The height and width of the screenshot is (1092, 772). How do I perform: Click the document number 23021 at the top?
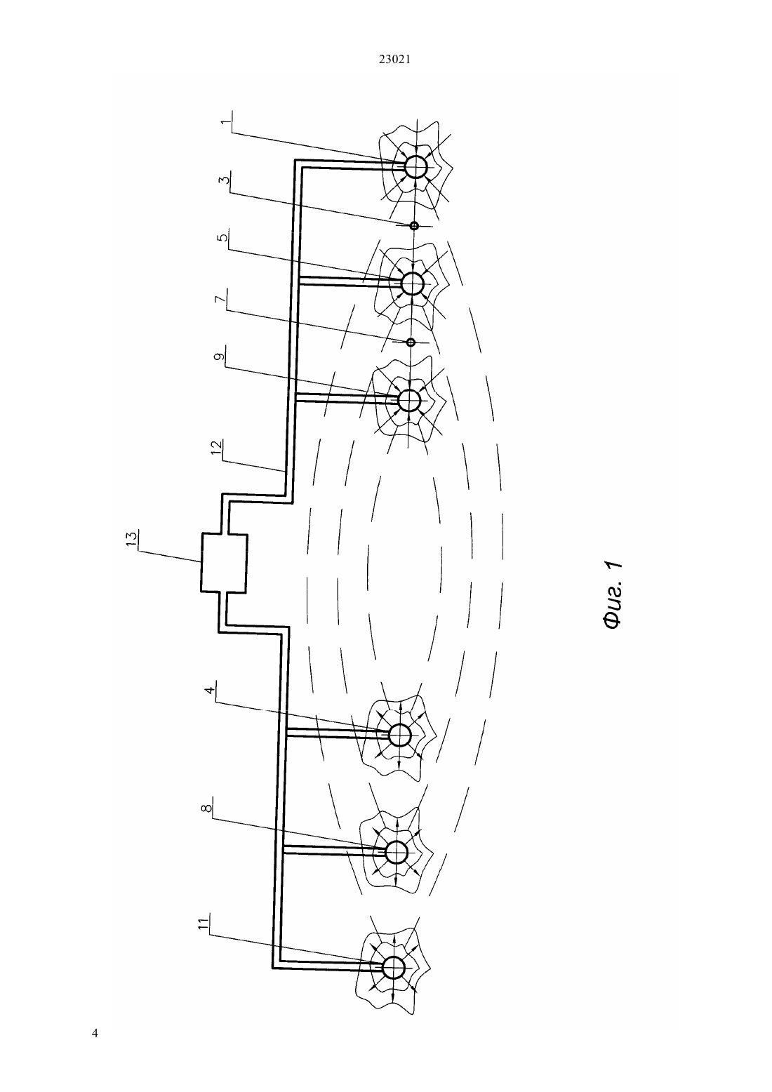coord(394,60)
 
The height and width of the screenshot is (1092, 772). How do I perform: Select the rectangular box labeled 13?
coord(224,563)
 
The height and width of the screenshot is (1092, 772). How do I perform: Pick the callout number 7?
coord(220,298)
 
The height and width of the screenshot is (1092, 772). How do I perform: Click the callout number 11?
coord(204,923)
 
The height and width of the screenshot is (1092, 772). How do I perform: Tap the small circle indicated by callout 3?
coord(414,226)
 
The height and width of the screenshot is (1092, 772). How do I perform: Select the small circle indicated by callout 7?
coord(411,342)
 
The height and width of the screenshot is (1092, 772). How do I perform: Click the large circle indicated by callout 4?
coord(400,724)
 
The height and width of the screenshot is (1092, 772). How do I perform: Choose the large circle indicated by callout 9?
coord(409,389)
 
